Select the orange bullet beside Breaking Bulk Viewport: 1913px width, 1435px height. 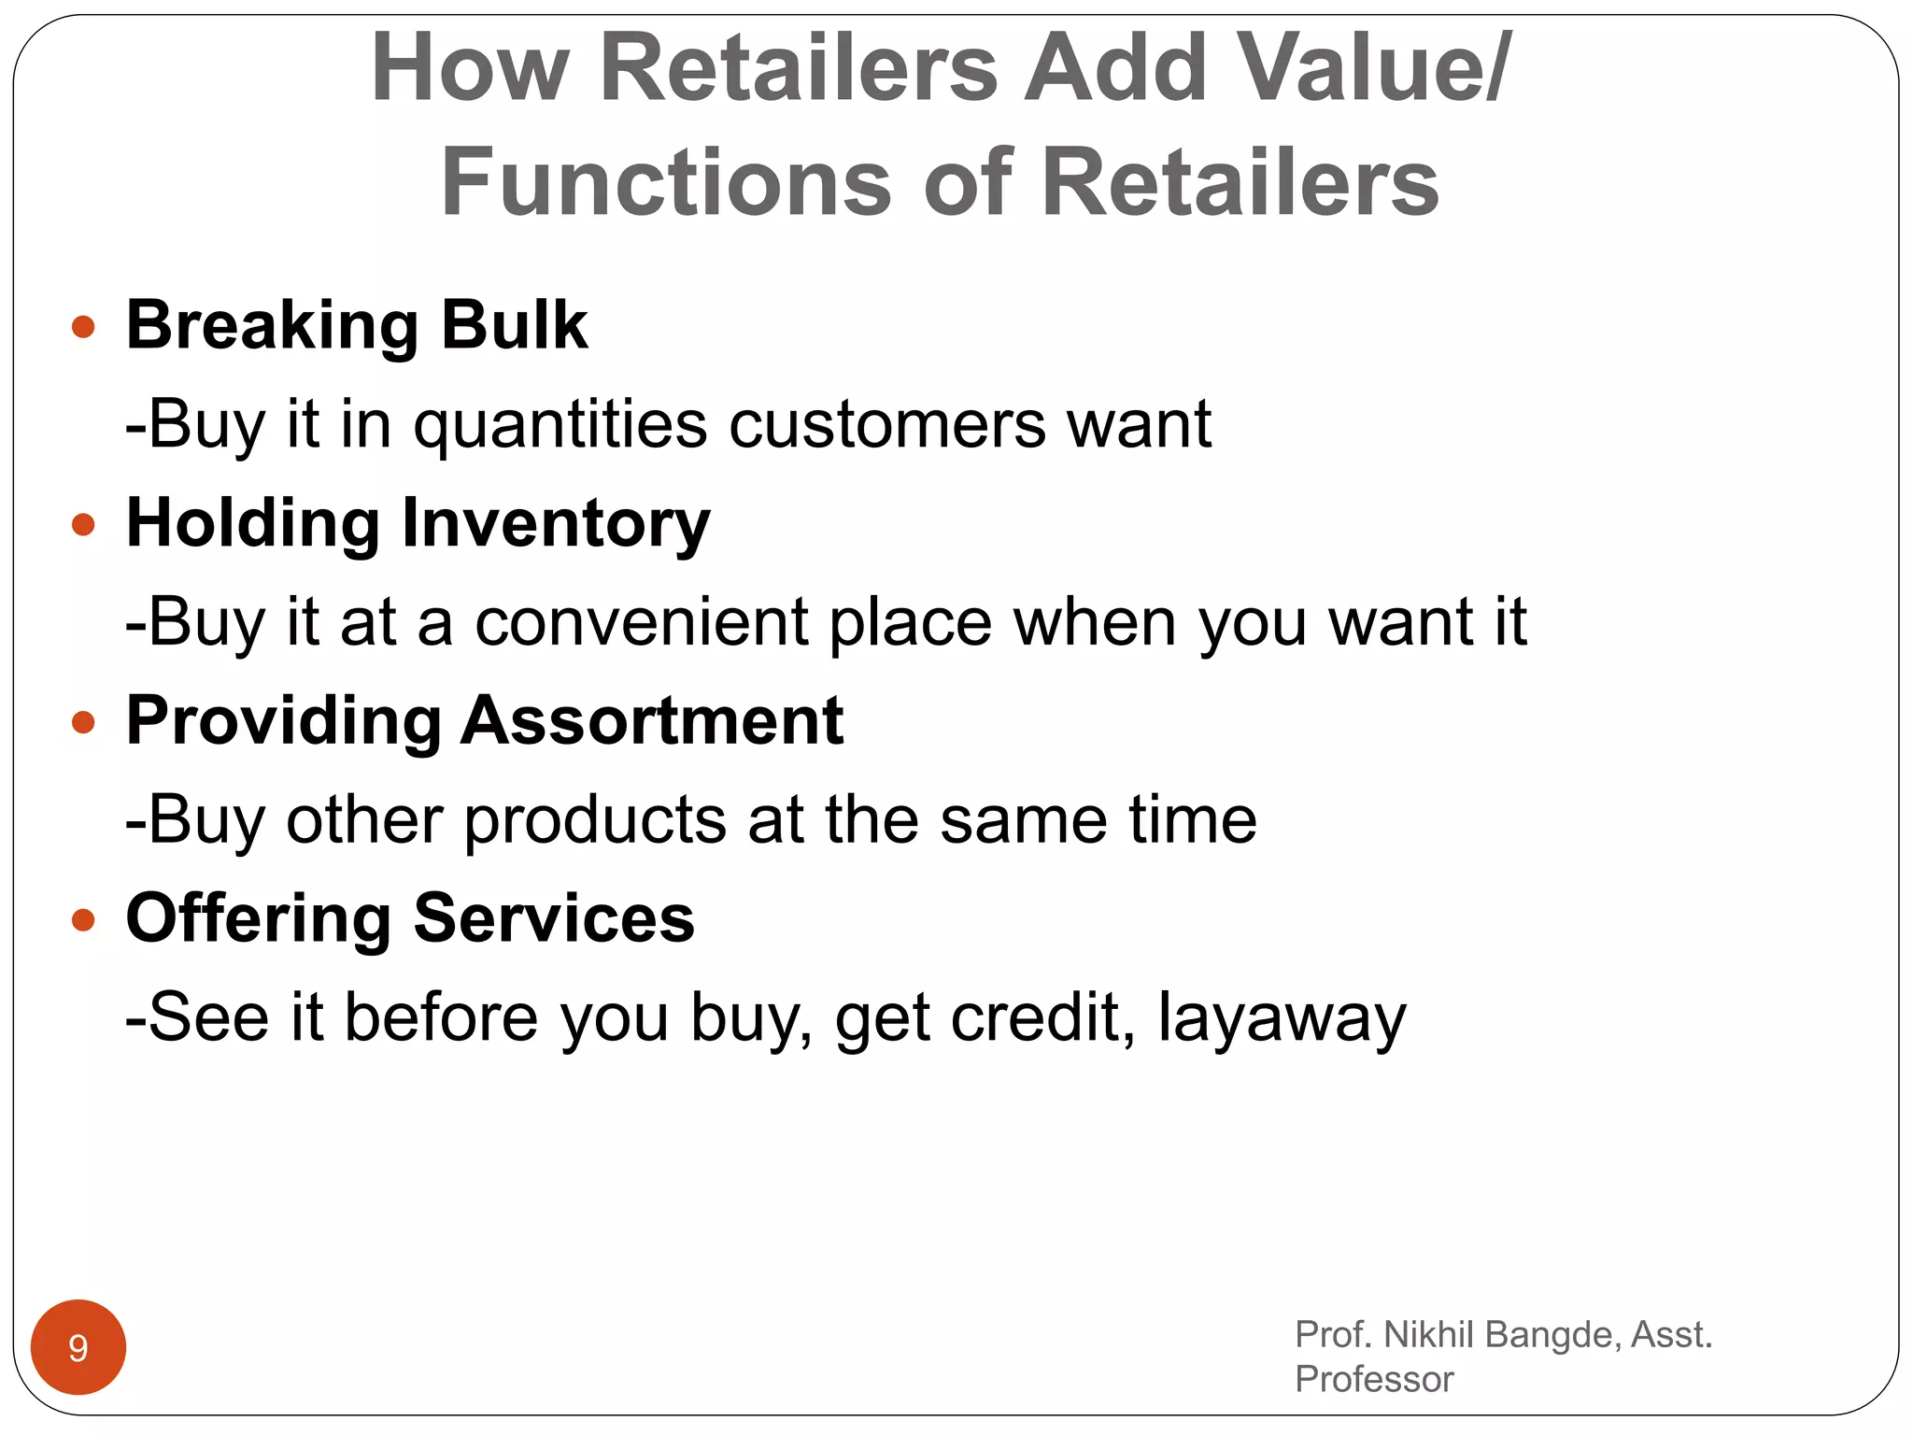coord(83,327)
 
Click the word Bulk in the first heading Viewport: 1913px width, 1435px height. coord(514,325)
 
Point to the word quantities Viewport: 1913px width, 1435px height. coord(560,425)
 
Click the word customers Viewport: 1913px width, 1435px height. coord(886,425)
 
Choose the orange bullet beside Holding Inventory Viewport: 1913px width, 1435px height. coord(83,524)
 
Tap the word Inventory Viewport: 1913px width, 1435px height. coord(556,523)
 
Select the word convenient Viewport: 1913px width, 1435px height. coord(641,622)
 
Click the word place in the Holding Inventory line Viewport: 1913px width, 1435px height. coord(910,624)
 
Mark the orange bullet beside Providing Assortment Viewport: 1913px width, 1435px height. coord(83,722)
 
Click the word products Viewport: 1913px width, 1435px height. coord(595,820)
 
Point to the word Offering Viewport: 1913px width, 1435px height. coord(259,918)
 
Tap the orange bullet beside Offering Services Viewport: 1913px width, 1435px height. coord(83,920)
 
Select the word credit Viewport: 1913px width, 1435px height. coord(1035,1017)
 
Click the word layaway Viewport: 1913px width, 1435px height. coord(1282,1019)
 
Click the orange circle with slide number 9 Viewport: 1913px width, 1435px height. coord(78,1347)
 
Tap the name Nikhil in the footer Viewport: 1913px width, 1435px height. coord(1429,1335)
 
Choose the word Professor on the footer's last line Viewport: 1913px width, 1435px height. coord(1374,1380)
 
